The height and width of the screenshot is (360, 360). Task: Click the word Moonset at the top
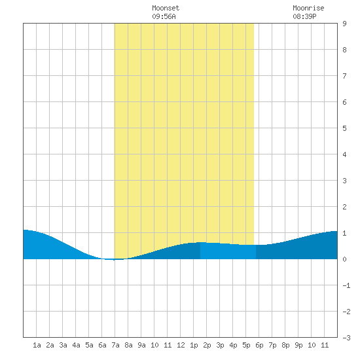(x=166, y=8)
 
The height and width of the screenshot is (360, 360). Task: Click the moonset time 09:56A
(x=164, y=16)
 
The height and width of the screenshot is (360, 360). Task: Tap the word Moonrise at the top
(x=308, y=8)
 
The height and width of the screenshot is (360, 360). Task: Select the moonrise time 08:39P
(x=304, y=16)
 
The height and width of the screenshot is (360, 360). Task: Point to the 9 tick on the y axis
(x=344, y=24)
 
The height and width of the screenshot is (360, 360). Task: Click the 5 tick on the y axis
(x=344, y=128)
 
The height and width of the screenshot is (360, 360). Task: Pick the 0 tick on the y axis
(x=344, y=259)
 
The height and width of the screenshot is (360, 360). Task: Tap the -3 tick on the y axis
(x=346, y=338)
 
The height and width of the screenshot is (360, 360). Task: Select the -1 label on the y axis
(x=346, y=285)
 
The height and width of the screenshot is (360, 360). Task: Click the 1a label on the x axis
(x=37, y=345)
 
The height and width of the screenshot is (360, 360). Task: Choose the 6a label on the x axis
(x=102, y=345)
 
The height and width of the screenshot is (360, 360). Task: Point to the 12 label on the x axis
(x=181, y=345)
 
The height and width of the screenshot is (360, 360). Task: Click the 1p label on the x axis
(x=194, y=345)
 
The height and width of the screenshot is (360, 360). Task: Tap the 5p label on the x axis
(x=246, y=345)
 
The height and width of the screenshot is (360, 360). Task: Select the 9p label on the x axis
(x=298, y=345)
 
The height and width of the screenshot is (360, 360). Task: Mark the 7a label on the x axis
(x=115, y=345)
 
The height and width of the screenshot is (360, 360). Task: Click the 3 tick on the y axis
(x=344, y=181)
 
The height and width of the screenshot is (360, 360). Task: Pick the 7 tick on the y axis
(x=344, y=76)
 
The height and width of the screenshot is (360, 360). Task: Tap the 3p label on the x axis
(x=220, y=345)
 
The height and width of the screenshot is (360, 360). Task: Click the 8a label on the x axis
(x=128, y=345)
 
